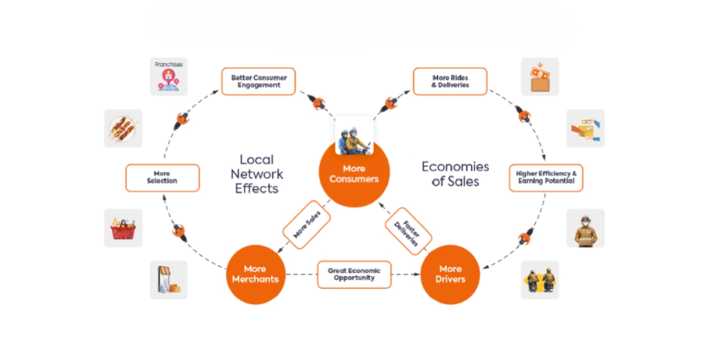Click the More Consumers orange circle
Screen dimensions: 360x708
[x=354, y=176]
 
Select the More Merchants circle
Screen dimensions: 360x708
[x=256, y=274]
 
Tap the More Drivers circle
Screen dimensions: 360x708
[x=450, y=274]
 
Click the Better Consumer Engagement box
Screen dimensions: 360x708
[x=259, y=81]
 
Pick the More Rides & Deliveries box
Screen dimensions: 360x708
[x=450, y=81]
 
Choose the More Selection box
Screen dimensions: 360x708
[x=162, y=178]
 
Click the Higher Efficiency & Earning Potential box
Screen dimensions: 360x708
[x=546, y=178]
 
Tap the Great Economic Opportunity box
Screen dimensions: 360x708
[x=354, y=274]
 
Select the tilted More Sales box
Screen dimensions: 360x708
[x=306, y=225]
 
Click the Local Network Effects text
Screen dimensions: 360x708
[x=257, y=174]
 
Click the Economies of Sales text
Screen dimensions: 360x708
[x=455, y=174]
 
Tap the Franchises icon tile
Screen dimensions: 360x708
[x=168, y=77]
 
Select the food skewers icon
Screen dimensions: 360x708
[x=123, y=128]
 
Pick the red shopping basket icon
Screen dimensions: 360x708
[x=123, y=228]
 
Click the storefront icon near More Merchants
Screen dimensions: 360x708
[x=168, y=280]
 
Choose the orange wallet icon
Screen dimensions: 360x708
[x=540, y=77]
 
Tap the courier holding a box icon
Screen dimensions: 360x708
[x=585, y=228]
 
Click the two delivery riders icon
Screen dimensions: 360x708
[x=540, y=280]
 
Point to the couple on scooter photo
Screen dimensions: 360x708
[x=354, y=136]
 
